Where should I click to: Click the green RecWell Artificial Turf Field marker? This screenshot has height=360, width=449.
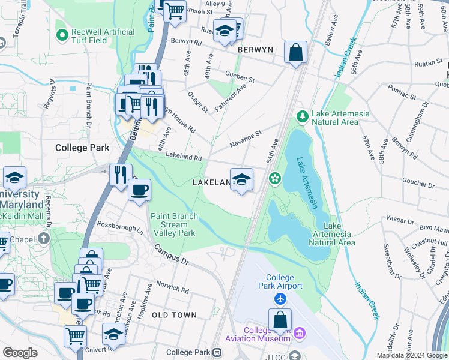pos(61,35)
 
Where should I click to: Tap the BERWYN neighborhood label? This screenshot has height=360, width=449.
pos(255,50)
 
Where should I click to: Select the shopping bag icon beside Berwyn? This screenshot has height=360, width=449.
pos(295,52)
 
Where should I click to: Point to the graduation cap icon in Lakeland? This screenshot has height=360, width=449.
pos(241,179)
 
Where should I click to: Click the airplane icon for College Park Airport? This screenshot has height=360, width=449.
pos(280,298)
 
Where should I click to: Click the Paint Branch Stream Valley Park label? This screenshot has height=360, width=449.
pos(173,224)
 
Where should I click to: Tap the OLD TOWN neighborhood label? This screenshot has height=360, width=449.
pos(174,315)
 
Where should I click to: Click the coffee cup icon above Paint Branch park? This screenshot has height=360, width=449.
pos(139,190)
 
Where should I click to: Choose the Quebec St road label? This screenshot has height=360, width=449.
pos(240,76)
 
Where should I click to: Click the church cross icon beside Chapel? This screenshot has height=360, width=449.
pos(44,238)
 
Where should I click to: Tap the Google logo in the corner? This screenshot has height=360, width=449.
pos(20,353)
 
